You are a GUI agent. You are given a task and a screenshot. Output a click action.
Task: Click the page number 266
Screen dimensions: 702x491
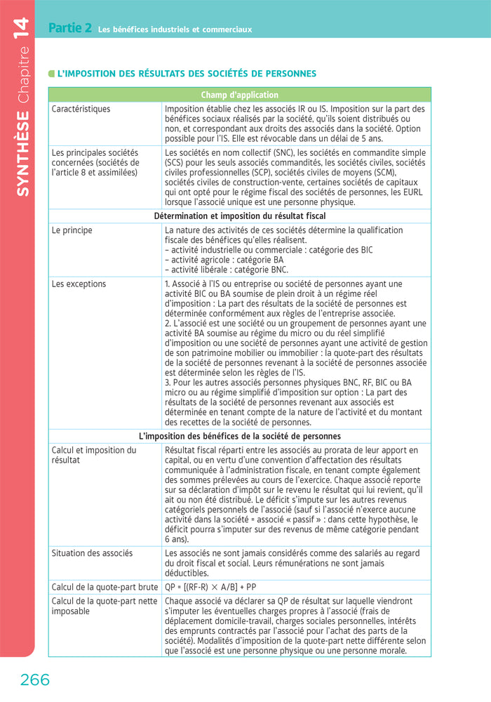tap(35, 680)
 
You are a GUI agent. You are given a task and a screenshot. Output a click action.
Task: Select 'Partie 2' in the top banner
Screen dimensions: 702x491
tap(70, 29)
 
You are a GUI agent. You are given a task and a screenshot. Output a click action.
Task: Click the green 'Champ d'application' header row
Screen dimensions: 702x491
tap(239, 95)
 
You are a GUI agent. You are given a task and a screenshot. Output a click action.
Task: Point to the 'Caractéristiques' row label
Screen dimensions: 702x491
tap(81, 110)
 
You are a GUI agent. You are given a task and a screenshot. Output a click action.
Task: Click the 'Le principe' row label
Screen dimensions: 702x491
tap(72, 230)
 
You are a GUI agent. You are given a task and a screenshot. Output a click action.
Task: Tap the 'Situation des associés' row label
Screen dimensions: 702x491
tap(92, 553)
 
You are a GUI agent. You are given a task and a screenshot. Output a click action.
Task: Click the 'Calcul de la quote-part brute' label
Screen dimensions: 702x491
tap(105, 586)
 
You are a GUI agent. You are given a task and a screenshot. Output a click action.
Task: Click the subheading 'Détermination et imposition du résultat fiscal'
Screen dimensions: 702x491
tap(239, 216)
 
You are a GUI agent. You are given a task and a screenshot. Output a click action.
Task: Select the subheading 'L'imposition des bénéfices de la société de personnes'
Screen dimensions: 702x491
tap(239, 436)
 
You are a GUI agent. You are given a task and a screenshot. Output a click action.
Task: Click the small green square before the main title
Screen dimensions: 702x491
tap(51, 74)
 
